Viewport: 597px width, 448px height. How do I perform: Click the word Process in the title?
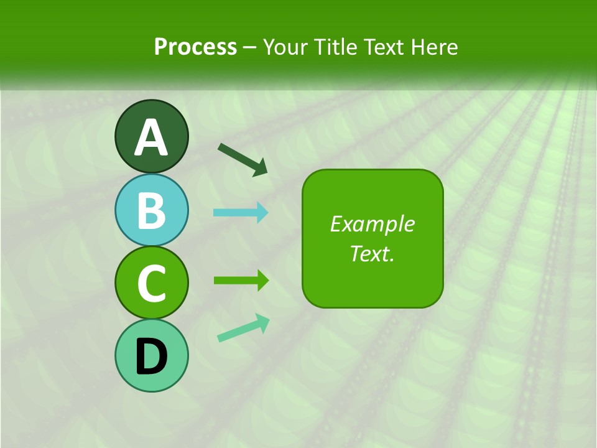click(x=195, y=47)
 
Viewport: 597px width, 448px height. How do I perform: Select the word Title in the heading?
click(x=337, y=47)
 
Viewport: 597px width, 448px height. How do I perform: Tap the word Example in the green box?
click(x=372, y=224)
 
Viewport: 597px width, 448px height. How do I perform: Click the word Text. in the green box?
click(x=372, y=254)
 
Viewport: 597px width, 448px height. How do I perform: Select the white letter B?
click(x=151, y=210)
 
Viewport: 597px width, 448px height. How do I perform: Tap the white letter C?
click(x=151, y=283)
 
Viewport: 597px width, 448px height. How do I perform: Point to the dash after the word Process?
click(x=250, y=47)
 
